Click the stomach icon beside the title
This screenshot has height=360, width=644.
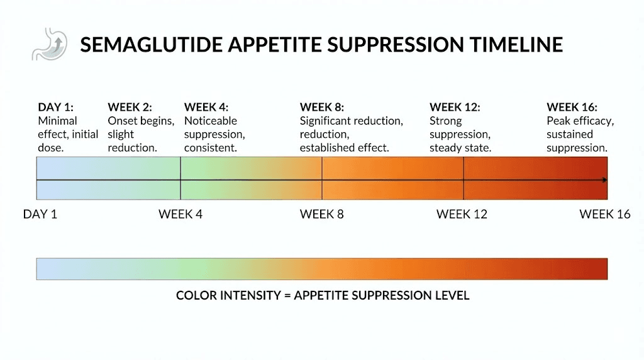click(x=50, y=45)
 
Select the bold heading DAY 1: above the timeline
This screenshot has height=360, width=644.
click(x=55, y=107)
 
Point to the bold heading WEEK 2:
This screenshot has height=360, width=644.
click(x=130, y=107)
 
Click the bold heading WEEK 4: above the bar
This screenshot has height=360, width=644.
click(x=206, y=107)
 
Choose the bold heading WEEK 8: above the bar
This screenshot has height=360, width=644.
click(x=321, y=107)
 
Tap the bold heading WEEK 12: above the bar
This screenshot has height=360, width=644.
click(x=455, y=107)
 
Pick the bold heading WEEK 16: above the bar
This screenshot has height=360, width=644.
click(x=572, y=107)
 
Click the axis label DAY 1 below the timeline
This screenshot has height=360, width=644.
click(x=40, y=215)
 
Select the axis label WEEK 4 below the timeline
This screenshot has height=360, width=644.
click(x=180, y=215)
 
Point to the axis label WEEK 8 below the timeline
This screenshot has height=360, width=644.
click(x=322, y=215)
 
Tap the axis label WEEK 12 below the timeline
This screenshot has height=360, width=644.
click(x=462, y=215)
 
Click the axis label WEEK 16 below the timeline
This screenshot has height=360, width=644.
click(x=604, y=215)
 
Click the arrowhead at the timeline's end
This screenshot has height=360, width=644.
click(x=604, y=180)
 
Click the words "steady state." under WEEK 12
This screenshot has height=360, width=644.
click(x=460, y=149)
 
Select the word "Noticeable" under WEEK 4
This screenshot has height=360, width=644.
click(x=211, y=121)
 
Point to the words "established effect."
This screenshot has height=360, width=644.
click(x=344, y=149)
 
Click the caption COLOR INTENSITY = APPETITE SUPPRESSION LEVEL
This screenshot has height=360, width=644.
click(x=323, y=295)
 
